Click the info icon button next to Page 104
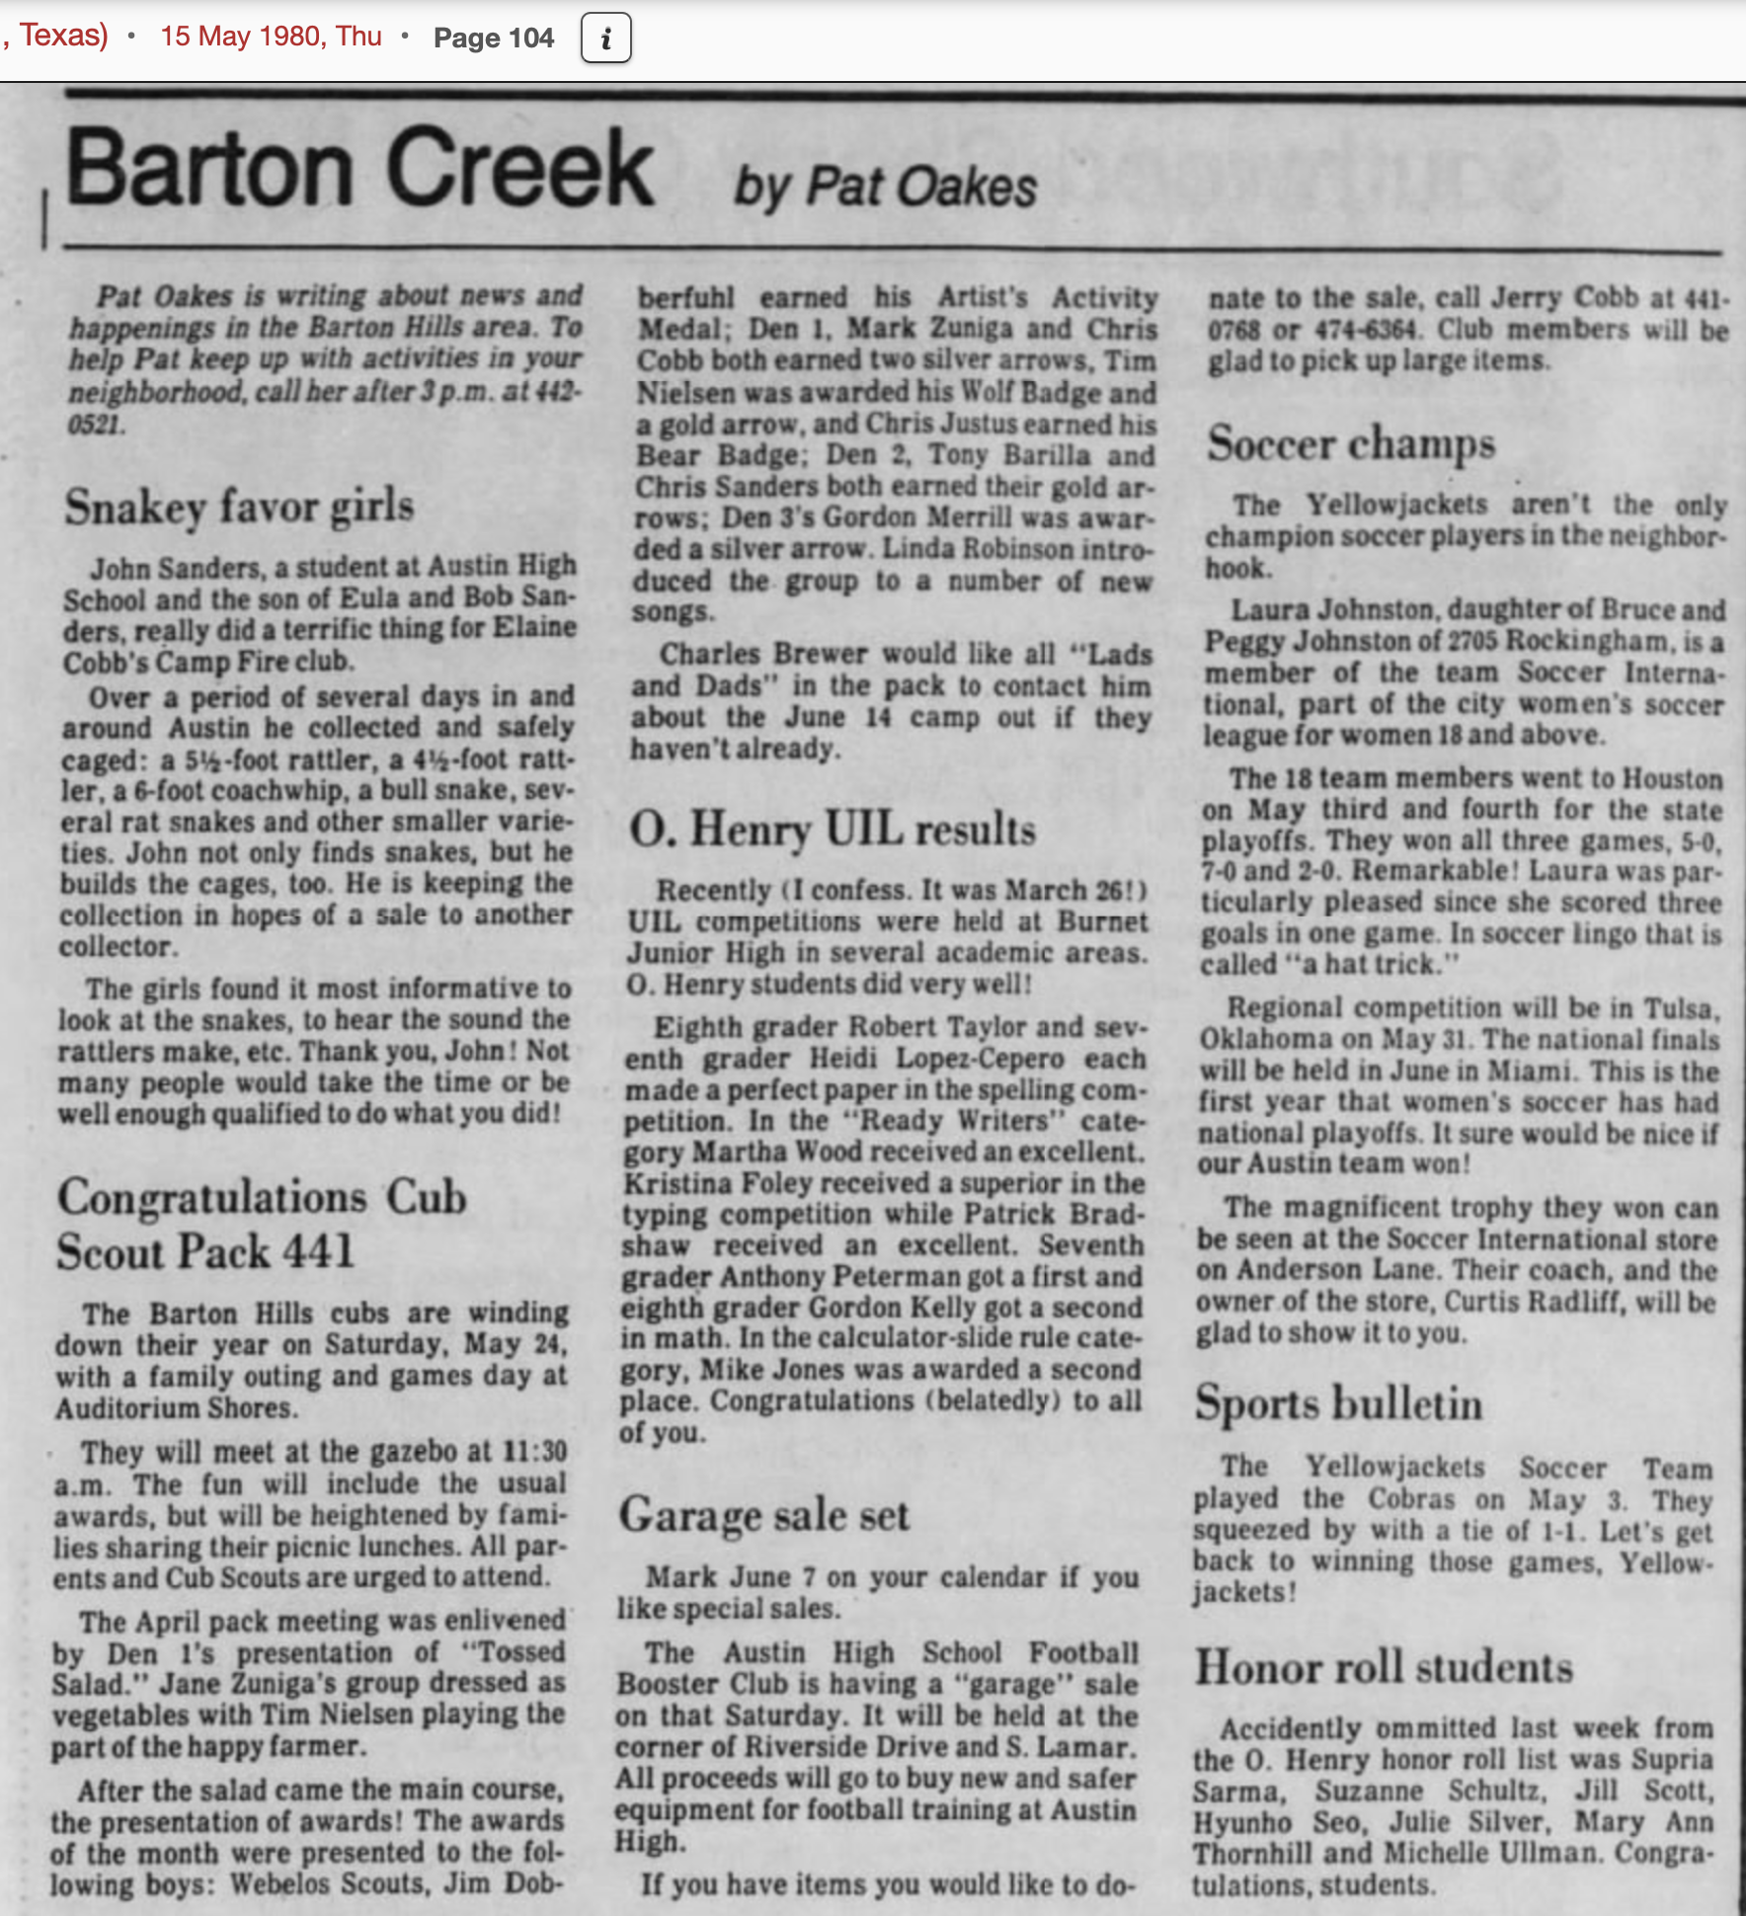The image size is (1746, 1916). pyautogui.click(x=605, y=39)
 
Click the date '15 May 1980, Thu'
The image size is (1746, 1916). pyautogui.click(x=271, y=37)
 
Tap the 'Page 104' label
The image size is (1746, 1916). pyautogui.click(x=493, y=39)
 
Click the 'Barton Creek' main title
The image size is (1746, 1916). pyautogui.click(x=358, y=169)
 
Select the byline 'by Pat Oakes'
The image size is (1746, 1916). pyautogui.click(x=885, y=187)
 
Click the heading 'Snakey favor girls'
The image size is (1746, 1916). pyautogui.click(x=239, y=507)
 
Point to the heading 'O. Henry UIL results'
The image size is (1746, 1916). pyautogui.click(x=833, y=829)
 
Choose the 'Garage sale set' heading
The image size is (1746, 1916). pyautogui.click(x=763, y=1515)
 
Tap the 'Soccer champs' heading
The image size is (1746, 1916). pyautogui.click(x=1350, y=443)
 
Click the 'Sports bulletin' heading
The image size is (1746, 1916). pyautogui.click(x=1338, y=1403)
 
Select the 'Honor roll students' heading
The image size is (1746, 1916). pyautogui.click(x=1384, y=1668)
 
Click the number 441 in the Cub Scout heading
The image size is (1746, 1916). pyautogui.click(x=318, y=1251)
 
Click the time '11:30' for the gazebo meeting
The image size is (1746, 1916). pyautogui.click(x=535, y=1451)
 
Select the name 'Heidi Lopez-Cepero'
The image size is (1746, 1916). pyautogui.click(x=936, y=1059)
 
